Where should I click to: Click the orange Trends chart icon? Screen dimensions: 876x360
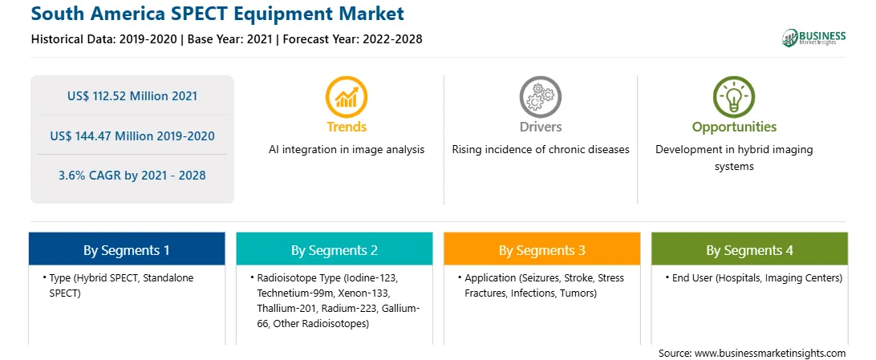[347, 97]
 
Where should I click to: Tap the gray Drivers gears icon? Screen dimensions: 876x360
[540, 97]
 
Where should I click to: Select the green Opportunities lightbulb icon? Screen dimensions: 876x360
[734, 97]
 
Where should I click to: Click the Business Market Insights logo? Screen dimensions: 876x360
[813, 38]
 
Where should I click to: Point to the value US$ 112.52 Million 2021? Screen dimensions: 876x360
[132, 96]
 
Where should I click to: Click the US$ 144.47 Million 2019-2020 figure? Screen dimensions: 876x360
[132, 136]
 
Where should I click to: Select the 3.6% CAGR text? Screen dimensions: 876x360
[132, 176]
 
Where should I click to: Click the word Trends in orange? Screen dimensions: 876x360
[347, 127]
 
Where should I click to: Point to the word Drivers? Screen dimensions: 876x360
[540, 127]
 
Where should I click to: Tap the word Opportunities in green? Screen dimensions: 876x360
[734, 127]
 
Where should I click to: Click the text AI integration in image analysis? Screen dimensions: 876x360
[347, 150]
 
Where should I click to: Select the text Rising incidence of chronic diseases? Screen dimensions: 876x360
[540, 150]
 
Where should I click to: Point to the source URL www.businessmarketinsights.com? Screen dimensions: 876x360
[770, 353]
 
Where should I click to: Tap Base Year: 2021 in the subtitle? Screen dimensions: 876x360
[229, 39]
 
